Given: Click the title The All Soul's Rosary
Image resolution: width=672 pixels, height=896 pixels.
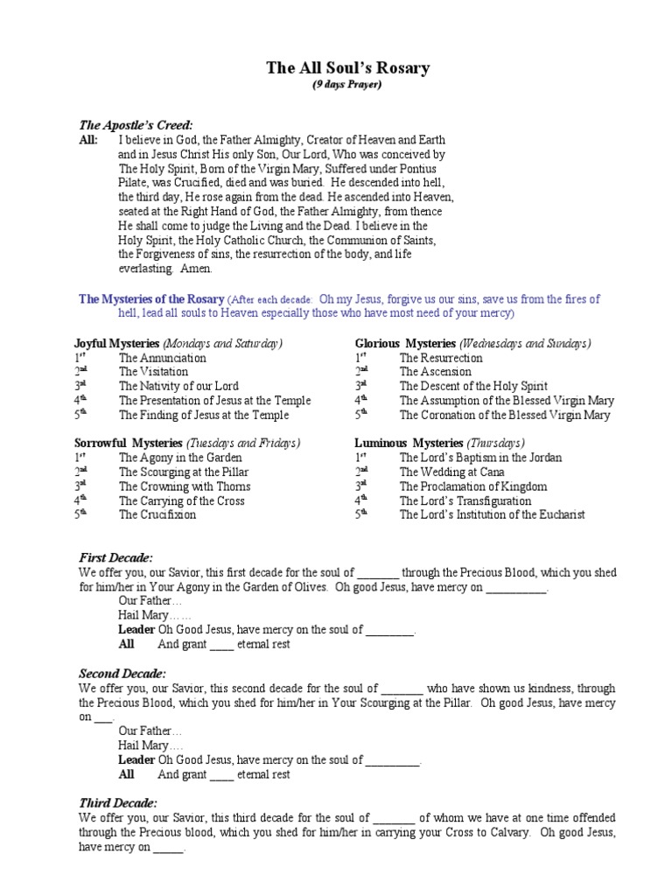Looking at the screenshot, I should pyautogui.click(x=347, y=67).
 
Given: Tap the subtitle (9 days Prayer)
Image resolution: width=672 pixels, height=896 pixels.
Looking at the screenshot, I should pyautogui.click(x=347, y=85).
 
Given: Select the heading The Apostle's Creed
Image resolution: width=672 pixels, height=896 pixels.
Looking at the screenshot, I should pyautogui.click(x=136, y=125).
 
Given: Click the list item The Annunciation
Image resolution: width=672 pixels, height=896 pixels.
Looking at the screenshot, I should pyautogui.click(x=163, y=358).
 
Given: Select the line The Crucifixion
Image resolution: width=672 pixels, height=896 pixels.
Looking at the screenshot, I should pyautogui.click(x=157, y=514).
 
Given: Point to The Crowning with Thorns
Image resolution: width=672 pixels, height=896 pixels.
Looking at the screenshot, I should pyautogui.click(x=185, y=486).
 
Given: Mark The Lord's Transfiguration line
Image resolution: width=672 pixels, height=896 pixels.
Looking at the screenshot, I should pyautogui.click(x=465, y=500).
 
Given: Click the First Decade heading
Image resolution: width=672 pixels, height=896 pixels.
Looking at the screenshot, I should pyautogui.click(x=115, y=557).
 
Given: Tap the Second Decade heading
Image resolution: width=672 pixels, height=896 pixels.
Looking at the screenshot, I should pyautogui.click(x=122, y=673).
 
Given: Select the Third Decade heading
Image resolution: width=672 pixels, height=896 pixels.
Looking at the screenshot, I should pyautogui.click(x=118, y=802).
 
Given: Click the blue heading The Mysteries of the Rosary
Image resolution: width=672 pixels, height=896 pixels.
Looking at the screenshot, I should pyautogui.click(x=151, y=299).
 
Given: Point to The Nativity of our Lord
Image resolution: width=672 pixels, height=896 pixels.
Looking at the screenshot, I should pyautogui.click(x=178, y=386).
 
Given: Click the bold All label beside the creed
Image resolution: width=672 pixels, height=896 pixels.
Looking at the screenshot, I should pyautogui.click(x=88, y=140).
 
